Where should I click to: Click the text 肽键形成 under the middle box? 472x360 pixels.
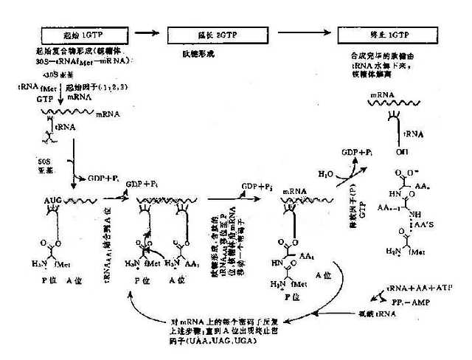pyautogui.click(x=184, y=54)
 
